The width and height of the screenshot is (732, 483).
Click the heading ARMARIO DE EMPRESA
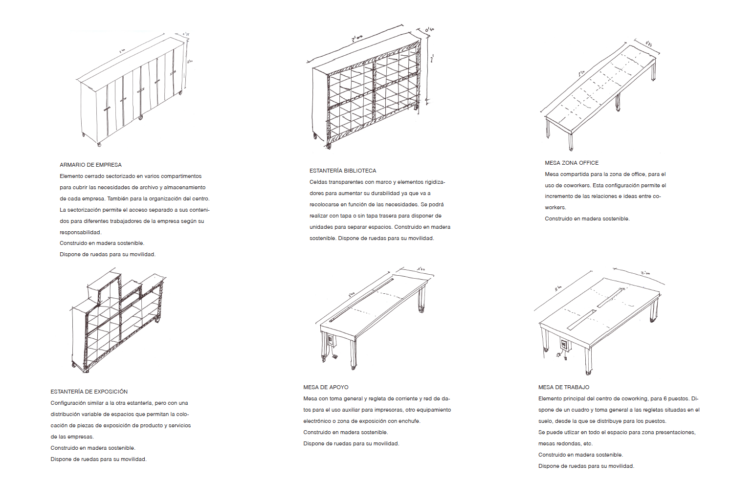click(90, 165)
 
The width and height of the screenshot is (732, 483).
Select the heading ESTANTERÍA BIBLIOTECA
click(343, 171)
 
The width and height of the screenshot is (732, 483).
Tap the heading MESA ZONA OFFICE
click(572, 163)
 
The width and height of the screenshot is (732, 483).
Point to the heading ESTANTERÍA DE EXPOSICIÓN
click(89, 392)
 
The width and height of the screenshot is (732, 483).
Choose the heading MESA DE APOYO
click(326, 387)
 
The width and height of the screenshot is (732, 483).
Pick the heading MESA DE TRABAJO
click(564, 387)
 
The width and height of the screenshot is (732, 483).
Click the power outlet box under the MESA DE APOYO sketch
click(331, 339)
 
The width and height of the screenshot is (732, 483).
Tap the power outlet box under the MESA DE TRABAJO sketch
click(564, 345)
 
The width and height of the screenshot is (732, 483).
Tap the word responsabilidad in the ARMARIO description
click(80, 232)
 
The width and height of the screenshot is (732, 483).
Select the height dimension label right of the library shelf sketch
click(432, 59)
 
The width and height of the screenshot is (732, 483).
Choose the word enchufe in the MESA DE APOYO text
click(410, 421)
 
